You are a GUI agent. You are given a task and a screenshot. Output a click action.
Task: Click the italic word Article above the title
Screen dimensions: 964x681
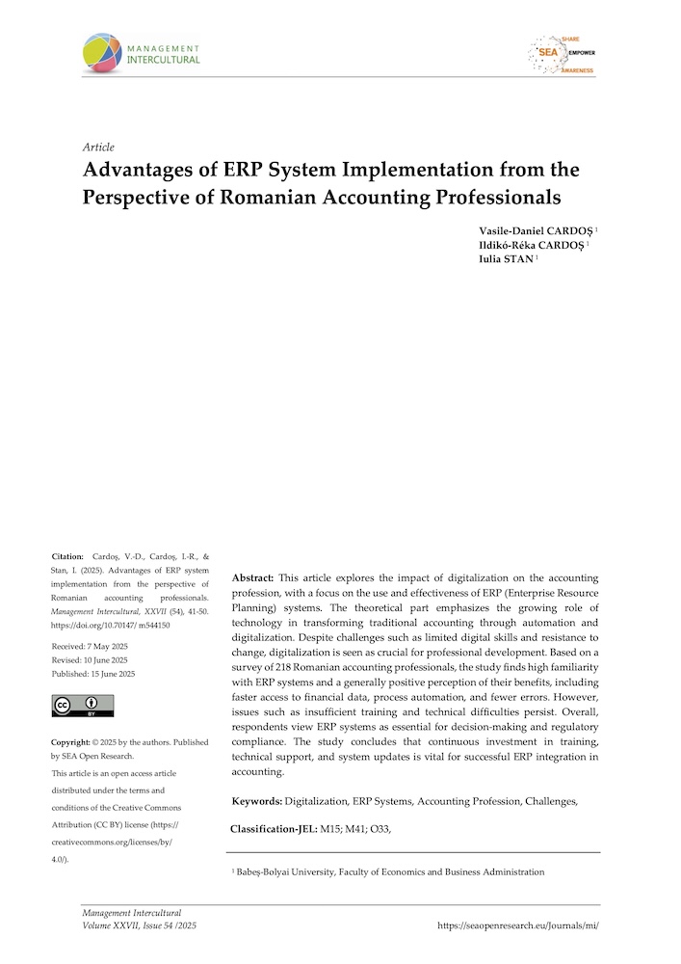click(x=99, y=147)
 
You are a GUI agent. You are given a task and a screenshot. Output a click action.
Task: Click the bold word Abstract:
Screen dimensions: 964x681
click(x=254, y=576)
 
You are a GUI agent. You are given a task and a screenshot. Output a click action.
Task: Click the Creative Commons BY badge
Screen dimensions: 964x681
click(x=82, y=706)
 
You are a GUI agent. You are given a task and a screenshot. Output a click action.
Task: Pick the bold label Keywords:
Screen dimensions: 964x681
click(x=257, y=802)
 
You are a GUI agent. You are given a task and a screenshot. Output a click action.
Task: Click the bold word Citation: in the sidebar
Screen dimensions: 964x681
click(x=67, y=557)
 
